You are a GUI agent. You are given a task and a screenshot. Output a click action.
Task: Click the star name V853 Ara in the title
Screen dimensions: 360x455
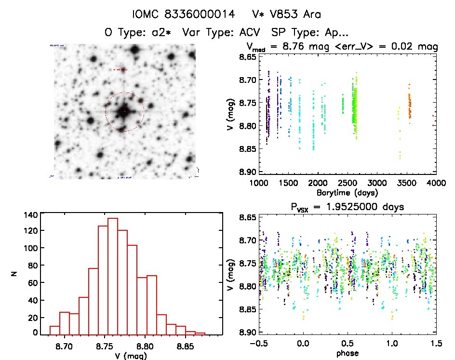[295, 14]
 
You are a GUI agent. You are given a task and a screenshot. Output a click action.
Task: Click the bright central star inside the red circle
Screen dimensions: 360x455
[124, 112]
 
